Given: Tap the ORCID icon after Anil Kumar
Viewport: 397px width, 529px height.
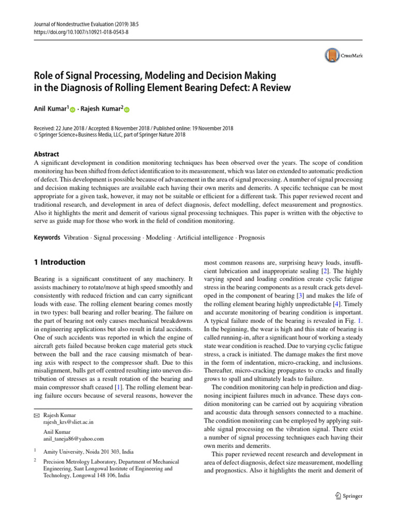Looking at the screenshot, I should coord(72,110).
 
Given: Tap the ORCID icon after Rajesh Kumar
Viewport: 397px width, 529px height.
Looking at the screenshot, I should coord(127,110).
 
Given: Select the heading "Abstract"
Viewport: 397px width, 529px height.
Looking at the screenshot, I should coord(46,154).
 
